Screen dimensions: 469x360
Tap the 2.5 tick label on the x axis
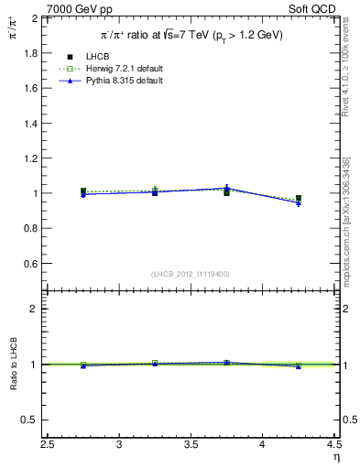[48, 445]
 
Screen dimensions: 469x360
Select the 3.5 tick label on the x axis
[191, 445]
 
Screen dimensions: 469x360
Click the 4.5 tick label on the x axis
[333, 445]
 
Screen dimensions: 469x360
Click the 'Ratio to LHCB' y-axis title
[13, 365]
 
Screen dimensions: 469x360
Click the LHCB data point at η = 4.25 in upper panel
[299, 199]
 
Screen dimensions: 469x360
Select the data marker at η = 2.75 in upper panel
[83, 191]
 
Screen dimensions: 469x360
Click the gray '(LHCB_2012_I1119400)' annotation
[191, 274]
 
